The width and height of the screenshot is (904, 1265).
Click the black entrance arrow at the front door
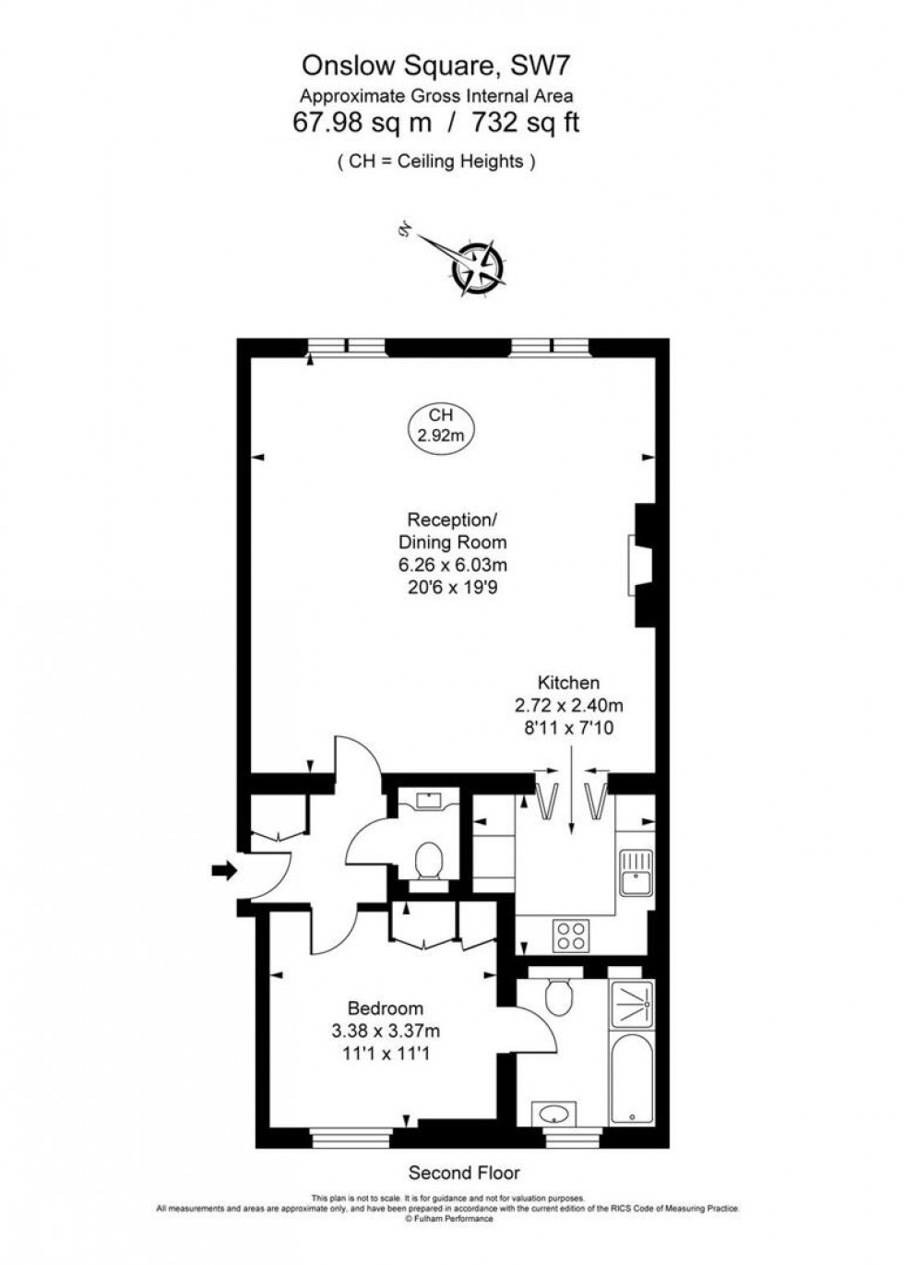[x=223, y=869]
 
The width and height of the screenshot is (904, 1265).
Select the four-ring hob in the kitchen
[x=571, y=935]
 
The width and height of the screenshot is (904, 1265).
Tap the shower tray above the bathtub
[x=632, y=1006]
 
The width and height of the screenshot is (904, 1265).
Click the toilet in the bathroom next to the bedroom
[x=559, y=996]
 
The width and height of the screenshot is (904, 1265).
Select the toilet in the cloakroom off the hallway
[x=428, y=862]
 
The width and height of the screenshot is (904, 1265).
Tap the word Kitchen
[x=568, y=683]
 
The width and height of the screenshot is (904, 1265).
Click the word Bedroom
[x=386, y=1008]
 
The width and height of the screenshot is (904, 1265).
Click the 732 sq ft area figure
[x=526, y=122]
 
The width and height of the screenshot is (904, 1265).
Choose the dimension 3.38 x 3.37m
[x=386, y=1031]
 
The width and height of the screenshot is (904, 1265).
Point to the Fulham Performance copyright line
[x=449, y=1219]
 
